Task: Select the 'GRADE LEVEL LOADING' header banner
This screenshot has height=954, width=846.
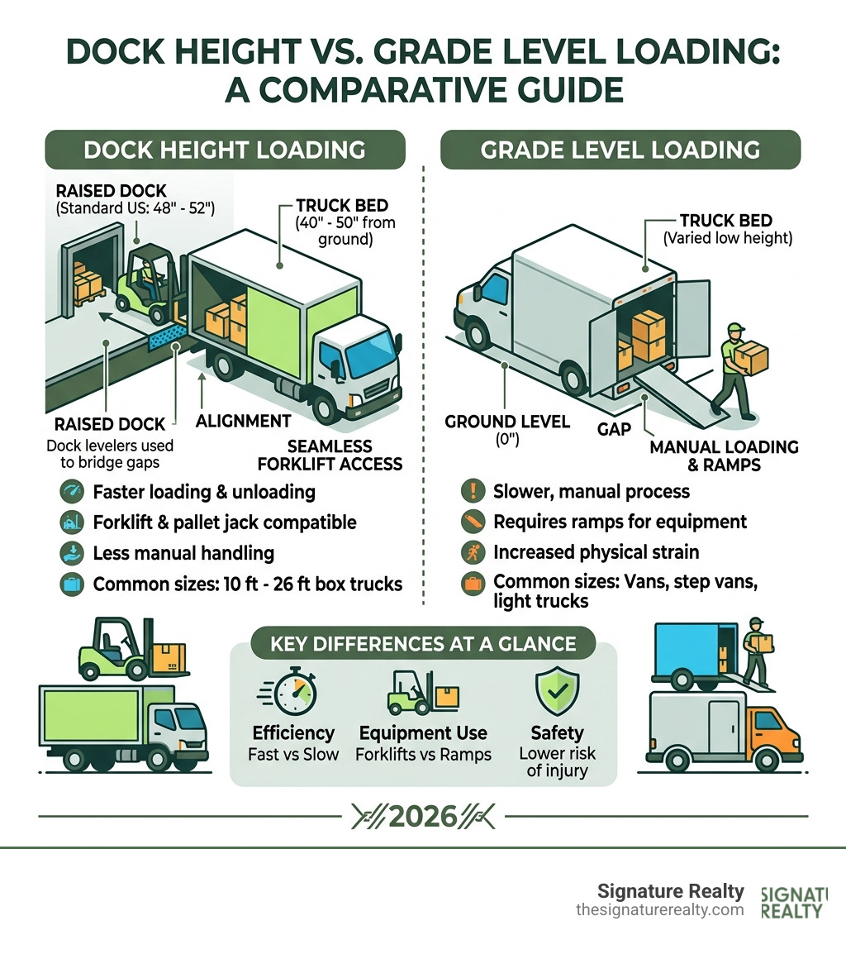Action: (620, 150)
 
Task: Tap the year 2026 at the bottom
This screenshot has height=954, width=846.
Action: (422, 817)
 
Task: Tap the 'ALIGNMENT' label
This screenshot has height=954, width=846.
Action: (243, 421)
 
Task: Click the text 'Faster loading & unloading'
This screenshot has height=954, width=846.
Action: (204, 493)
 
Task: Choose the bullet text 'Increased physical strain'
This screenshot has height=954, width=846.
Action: (596, 552)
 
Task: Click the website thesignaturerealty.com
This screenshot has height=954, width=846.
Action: (659, 909)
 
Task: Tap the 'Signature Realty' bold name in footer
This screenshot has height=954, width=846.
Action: (670, 891)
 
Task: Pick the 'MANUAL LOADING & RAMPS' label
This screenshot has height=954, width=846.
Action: (724, 456)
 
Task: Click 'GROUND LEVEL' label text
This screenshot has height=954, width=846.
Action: (507, 422)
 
